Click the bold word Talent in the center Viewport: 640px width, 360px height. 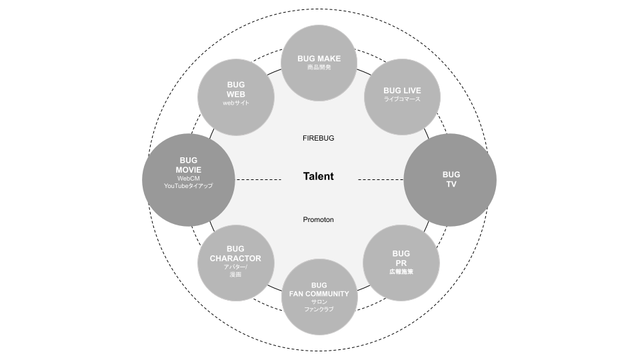pos(318,177)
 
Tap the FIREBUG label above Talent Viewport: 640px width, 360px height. pos(318,139)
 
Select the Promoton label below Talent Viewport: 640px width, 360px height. pos(318,220)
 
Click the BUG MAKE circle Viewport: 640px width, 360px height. pos(319,63)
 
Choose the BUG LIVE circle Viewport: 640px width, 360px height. pos(402,97)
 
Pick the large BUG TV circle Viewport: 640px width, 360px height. pos(451,179)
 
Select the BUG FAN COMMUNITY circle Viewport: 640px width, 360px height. pos(319,297)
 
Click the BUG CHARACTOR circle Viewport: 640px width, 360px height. pos(236,263)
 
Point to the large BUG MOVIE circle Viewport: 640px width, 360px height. pos(188,179)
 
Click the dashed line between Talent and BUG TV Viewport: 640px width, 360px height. pos(381,179)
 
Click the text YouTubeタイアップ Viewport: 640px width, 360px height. pos(188,186)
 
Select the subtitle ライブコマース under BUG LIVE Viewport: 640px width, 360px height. pos(402,99)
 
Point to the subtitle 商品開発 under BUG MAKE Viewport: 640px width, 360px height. pos(319,67)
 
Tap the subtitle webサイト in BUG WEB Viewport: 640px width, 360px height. pos(236,103)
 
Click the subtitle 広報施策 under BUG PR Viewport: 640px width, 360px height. pos(401,271)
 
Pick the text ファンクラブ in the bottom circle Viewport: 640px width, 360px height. pos(319,309)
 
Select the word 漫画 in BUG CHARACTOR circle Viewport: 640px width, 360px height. pos(236,275)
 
